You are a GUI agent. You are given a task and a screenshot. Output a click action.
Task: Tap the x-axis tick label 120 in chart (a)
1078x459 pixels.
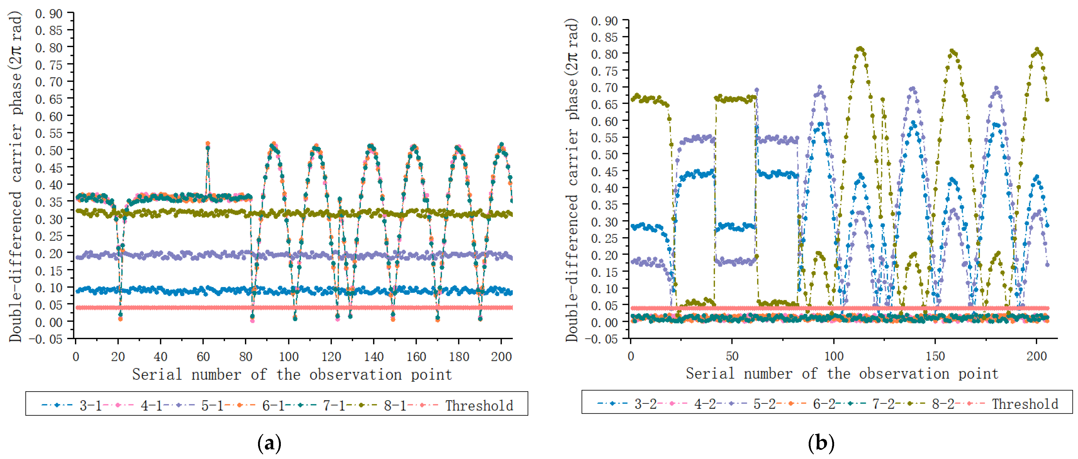pyautogui.click(x=331, y=357)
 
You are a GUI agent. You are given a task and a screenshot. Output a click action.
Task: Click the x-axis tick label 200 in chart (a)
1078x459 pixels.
pyautogui.click(x=501, y=357)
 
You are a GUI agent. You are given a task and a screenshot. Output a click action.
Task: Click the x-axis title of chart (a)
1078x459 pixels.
pyautogui.click(x=292, y=374)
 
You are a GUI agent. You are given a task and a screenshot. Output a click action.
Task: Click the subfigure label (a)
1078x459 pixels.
pyautogui.click(x=269, y=443)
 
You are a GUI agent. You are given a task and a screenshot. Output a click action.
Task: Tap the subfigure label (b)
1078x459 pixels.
pyautogui.click(x=821, y=443)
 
